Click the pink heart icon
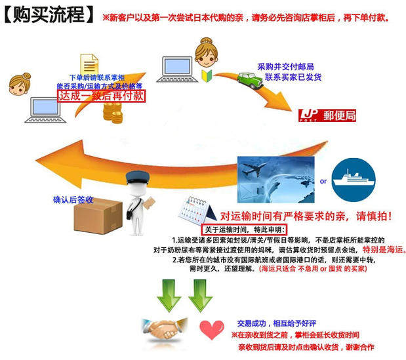[x=211, y=328]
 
